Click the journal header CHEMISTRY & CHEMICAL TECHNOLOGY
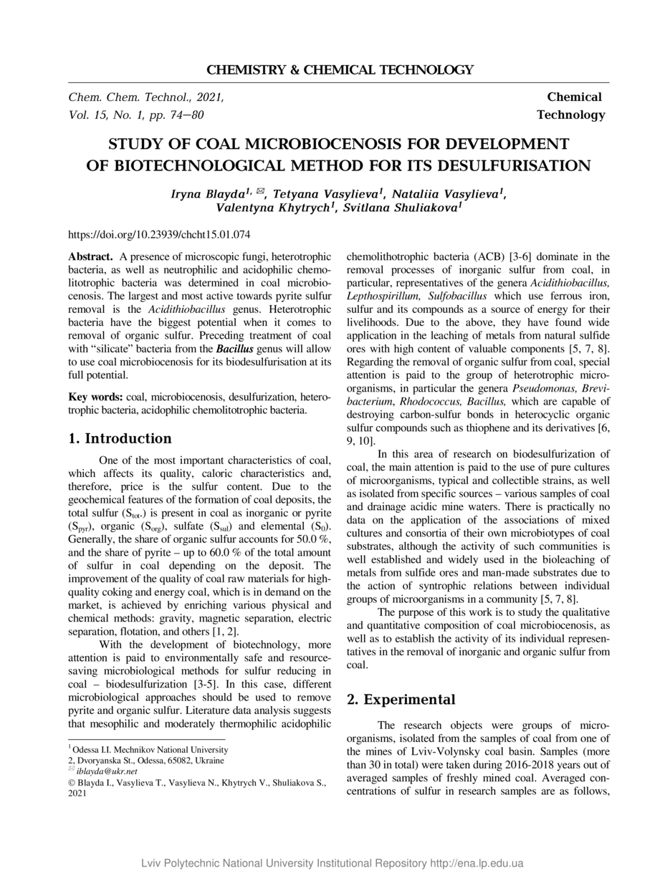340,69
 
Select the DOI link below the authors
158,234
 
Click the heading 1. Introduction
120,438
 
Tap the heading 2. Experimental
401,700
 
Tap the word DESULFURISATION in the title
492,166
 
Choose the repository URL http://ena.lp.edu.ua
477,863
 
